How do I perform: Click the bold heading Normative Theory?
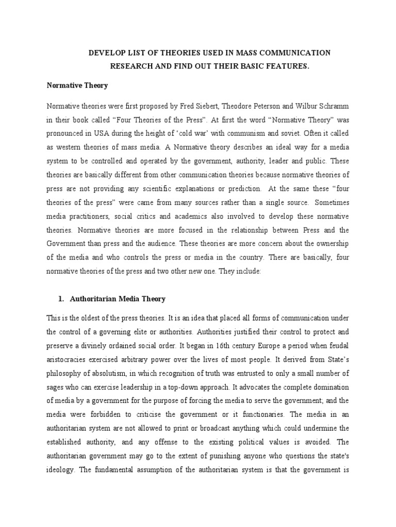(77, 86)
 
